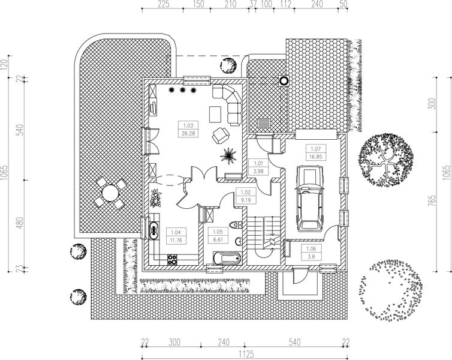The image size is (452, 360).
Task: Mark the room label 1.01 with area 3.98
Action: tap(260, 166)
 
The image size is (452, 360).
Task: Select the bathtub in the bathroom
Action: tap(225, 259)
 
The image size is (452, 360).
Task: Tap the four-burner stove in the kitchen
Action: tap(172, 259)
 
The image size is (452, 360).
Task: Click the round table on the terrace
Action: tap(111, 193)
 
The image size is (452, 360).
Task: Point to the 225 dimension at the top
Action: tap(162, 4)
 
